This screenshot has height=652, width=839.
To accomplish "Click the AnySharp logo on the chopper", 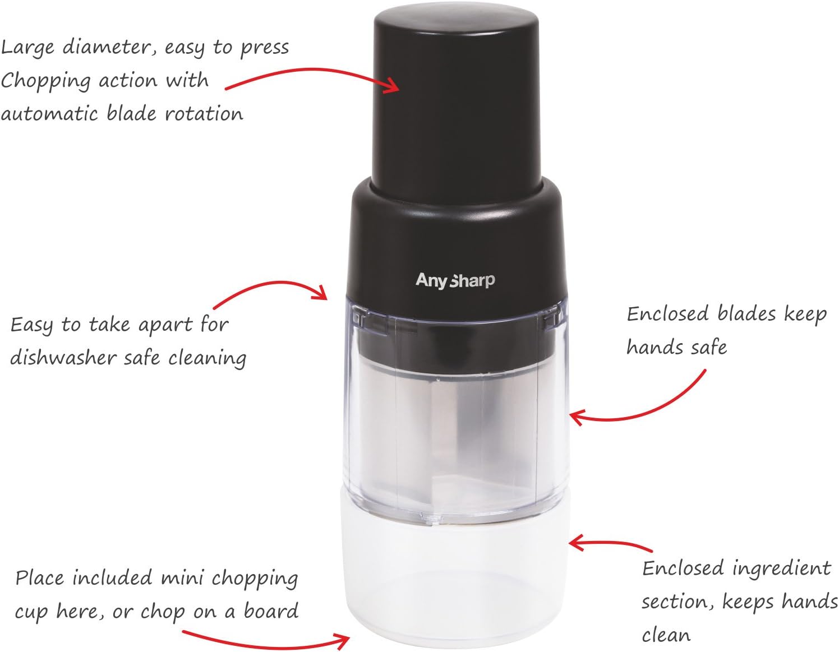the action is tap(455, 280).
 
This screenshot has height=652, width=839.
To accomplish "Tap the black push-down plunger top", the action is tap(456, 100).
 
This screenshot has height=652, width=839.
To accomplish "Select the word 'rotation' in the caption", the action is tap(204, 113).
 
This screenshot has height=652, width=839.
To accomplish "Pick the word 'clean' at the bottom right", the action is tap(666, 635).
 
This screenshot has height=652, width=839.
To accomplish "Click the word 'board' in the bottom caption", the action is tap(271, 611).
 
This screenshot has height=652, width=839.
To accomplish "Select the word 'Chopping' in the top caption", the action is tap(46, 81).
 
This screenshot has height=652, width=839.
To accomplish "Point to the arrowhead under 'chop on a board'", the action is tap(342, 641).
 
